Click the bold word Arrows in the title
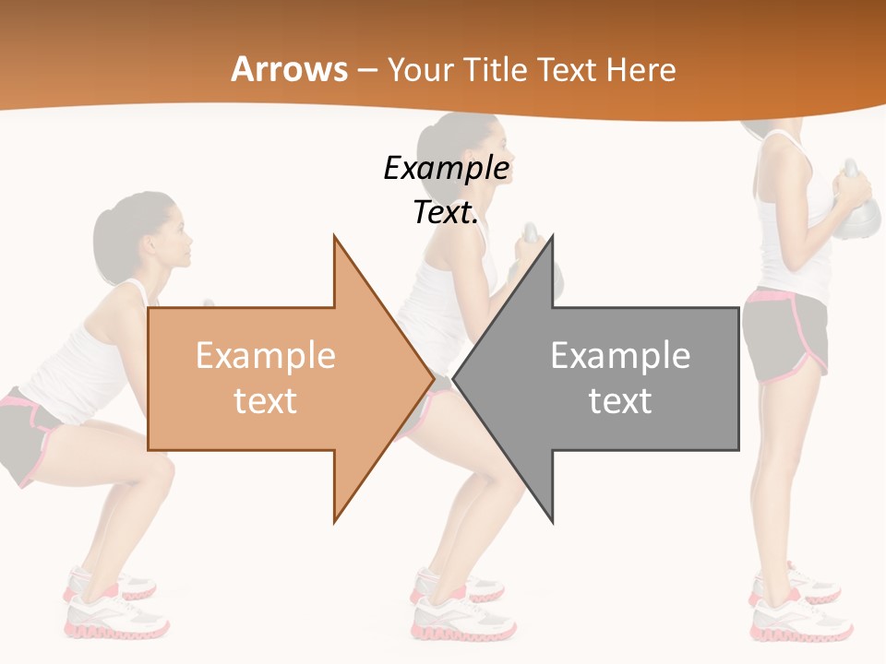(x=290, y=69)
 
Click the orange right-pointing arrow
(x=277, y=378)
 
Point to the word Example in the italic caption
(x=447, y=169)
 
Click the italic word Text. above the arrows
(x=447, y=213)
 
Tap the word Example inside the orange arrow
(x=266, y=356)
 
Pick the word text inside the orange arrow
(x=266, y=401)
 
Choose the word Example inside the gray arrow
(x=620, y=356)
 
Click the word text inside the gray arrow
(x=620, y=401)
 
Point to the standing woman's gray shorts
(x=784, y=337)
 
